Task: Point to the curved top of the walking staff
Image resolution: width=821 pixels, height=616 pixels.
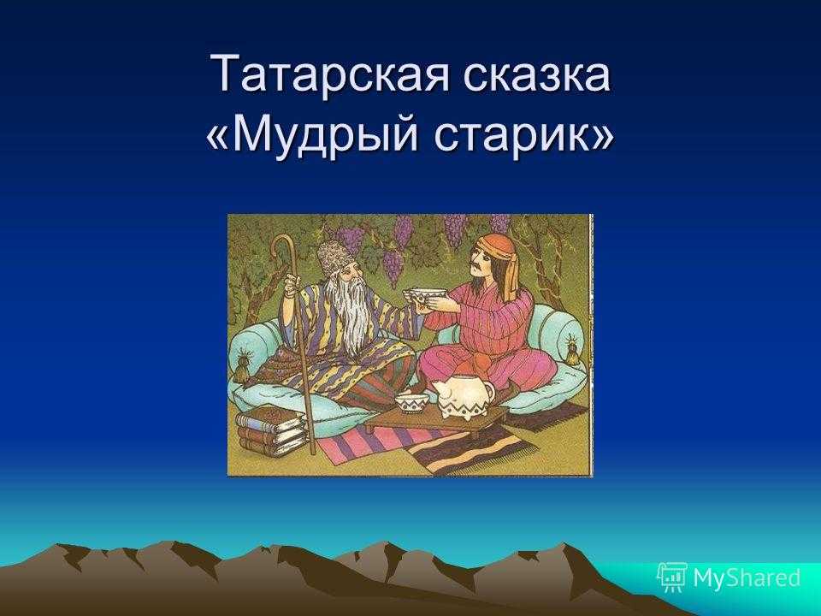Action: click(x=284, y=246)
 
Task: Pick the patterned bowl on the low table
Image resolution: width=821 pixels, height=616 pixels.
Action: click(x=412, y=404)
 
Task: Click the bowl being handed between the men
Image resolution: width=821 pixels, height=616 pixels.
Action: click(x=428, y=298)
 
